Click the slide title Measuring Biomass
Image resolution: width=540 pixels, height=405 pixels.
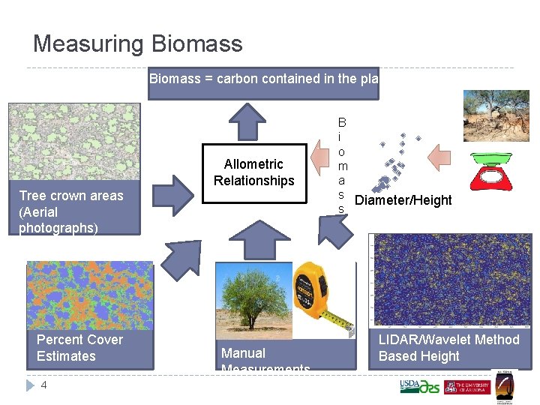pos(138,43)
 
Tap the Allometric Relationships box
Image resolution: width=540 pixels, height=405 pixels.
pos(253,172)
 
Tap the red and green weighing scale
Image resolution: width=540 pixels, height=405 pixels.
pos(496,169)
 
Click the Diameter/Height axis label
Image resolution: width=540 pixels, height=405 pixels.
pos(403,200)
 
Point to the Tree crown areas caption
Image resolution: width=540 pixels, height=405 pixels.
pos(70,211)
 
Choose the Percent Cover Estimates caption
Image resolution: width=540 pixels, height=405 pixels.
pos(79,348)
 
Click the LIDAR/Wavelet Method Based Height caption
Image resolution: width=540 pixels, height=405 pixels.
pos(448,348)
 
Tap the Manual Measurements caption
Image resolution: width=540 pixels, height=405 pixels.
pos(265,358)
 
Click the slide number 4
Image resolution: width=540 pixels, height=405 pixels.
pos(43,385)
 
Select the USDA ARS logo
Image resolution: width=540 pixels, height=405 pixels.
pos(419,386)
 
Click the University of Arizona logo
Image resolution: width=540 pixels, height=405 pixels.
pos(466,387)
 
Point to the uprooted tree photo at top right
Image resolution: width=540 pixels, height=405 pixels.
pos(496,115)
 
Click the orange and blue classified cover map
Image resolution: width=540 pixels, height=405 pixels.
pos(89,295)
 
